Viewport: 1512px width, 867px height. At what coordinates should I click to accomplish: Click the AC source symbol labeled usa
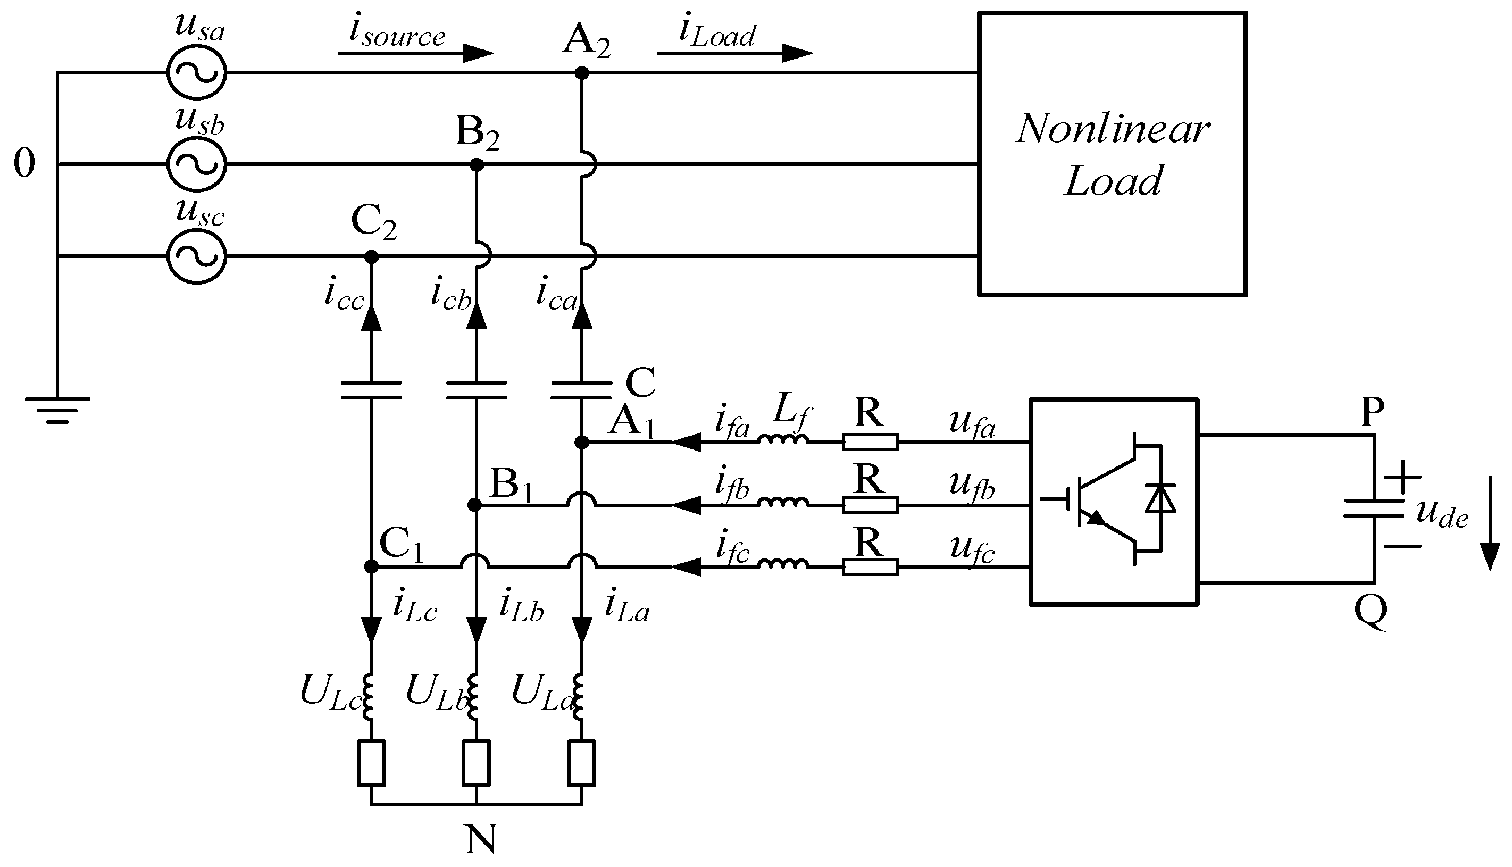click(196, 73)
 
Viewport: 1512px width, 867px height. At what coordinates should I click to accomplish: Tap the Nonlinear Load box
click(1112, 154)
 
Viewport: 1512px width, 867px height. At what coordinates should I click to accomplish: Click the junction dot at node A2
click(582, 73)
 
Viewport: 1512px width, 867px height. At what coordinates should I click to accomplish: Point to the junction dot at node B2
click(476, 164)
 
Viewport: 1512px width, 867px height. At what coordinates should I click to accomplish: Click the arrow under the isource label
click(417, 53)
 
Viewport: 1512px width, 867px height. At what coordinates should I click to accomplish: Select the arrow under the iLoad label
click(735, 53)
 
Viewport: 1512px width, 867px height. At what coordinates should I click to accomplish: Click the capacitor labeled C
click(582, 389)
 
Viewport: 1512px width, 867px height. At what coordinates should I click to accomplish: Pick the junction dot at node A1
click(582, 443)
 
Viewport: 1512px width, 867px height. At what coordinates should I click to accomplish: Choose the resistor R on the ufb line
click(870, 505)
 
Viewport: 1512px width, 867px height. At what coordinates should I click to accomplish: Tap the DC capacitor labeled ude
click(1374, 508)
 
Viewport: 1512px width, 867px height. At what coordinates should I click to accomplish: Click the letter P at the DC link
click(1373, 412)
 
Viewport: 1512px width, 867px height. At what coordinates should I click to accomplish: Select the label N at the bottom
click(480, 840)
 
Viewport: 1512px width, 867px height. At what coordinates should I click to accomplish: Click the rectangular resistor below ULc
click(371, 763)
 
